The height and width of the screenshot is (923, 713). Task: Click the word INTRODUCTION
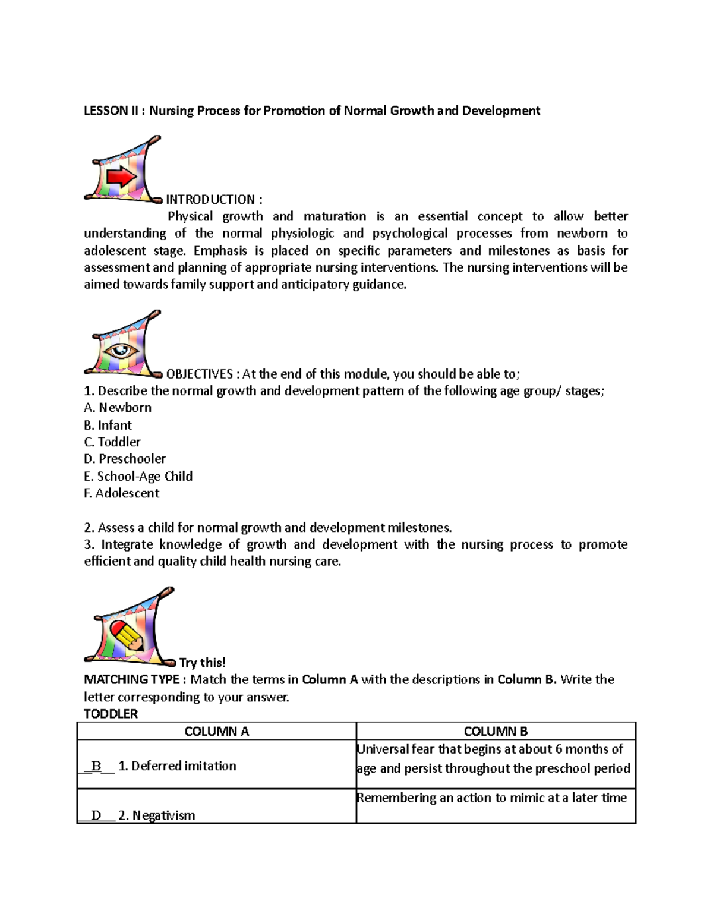click(x=210, y=200)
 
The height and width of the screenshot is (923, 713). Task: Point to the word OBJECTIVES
click(x=199, y=374)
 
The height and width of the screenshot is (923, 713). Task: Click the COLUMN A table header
click(x=216, y=732)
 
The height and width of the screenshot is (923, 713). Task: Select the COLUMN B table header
click(x=496, y=732)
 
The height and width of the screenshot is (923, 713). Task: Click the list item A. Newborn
click(x=118, y=408)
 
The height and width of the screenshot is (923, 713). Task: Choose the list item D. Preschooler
click(x=125, y=459)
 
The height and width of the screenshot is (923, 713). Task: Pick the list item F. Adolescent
click(x=121, y=493)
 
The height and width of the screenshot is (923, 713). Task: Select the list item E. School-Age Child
click(x=138, y=476)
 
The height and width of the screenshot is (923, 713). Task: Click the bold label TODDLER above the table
click(x=111, y=714)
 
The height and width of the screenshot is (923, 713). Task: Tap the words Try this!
click(x=202, y=663)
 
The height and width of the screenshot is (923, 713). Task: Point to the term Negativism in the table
click(x=163, y=815)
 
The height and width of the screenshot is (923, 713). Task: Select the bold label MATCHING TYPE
click(x=132, y=679)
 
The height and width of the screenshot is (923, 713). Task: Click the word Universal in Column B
click(x=383, y=749)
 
